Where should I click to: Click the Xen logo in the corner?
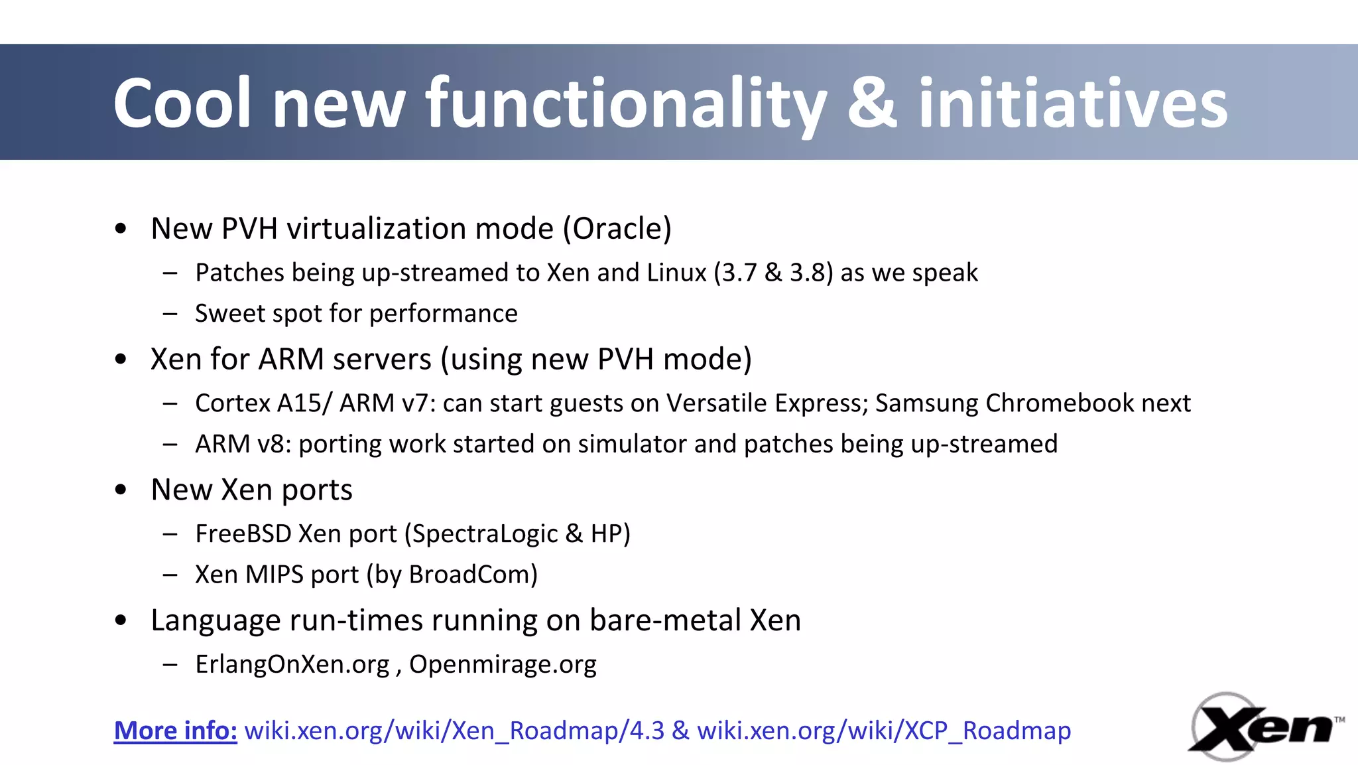[1265, 728]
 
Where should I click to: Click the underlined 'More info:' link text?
[175, 730]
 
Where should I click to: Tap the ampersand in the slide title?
[872, 103]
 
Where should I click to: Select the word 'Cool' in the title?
[182, 103]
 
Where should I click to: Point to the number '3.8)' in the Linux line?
[811, 273]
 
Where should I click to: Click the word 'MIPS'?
[274, 575]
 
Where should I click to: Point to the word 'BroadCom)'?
[473, 575]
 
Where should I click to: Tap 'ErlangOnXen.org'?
[292, 664]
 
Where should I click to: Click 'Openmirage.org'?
[503, 664]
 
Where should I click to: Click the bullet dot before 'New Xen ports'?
[121, 490]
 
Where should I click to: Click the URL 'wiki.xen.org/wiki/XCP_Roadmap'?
[883, 730]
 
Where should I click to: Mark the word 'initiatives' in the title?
[1072, 103]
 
